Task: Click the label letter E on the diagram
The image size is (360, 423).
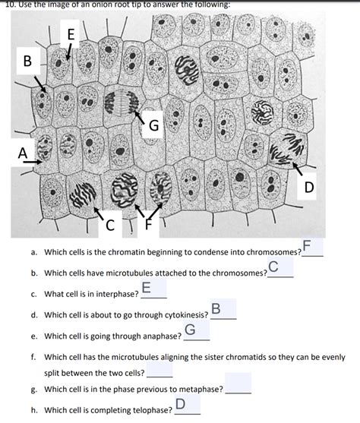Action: (71, 34)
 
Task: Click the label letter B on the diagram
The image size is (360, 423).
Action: (27, 61)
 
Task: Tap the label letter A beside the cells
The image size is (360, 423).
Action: (23, 153)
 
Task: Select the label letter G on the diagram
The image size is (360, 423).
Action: (154, 125)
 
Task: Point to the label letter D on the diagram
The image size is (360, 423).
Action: (309, 188)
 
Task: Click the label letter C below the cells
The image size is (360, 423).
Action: (110, 226)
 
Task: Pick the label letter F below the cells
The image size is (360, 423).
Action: (148, 224)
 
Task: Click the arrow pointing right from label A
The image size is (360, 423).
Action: (33, 162)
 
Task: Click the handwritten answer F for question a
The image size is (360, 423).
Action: (307, 245)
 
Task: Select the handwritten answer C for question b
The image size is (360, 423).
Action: (273, 267)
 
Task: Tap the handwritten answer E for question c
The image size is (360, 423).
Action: (146, 287)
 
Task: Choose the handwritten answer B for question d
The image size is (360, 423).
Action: (216, 308)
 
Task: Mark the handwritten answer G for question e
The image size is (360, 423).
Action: (191, 330)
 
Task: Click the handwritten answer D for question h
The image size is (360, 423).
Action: (181, 404)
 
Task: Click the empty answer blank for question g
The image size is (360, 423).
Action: (238, 384)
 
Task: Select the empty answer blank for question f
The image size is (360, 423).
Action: (159, 370)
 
